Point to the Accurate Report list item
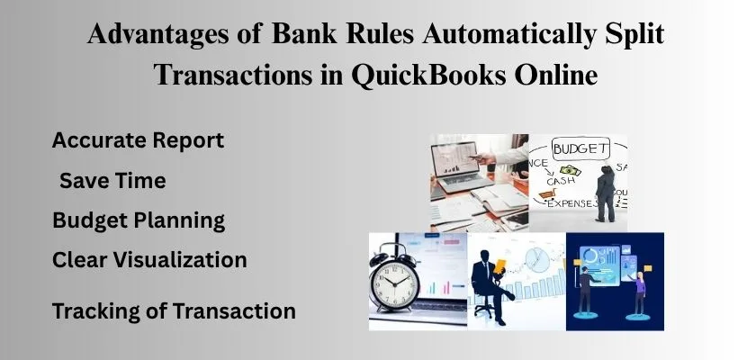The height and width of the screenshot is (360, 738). (x=138, y=140)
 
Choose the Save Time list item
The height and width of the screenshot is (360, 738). (x=112, y=180)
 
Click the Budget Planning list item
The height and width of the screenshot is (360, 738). (x=138, y=220)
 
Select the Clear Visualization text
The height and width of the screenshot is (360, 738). (x=149, y=260)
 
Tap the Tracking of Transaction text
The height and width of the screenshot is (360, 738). (x=174, y=311)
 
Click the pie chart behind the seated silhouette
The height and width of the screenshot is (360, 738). (x=537, y=261)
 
